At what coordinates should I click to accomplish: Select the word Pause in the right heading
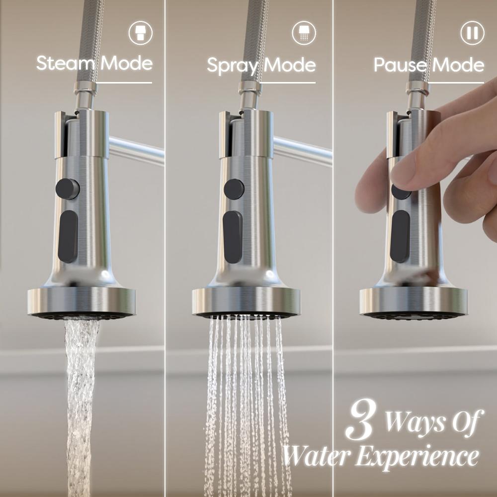pos(401,65)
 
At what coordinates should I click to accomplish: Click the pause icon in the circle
pos(472,33)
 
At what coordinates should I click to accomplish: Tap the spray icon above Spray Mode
pos(304,33)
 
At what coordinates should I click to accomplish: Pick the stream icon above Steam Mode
pos(141,33)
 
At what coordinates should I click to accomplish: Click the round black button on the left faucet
pos(67,189)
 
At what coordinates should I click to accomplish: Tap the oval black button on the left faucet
pos(68,237)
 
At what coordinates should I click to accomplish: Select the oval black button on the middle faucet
pos(233,237)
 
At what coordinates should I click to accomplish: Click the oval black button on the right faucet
pos(400,236)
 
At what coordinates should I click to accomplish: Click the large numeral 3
pos(362,419)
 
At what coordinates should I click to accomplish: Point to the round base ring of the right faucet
pos(414,302)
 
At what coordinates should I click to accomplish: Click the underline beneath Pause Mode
pos(456,83)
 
